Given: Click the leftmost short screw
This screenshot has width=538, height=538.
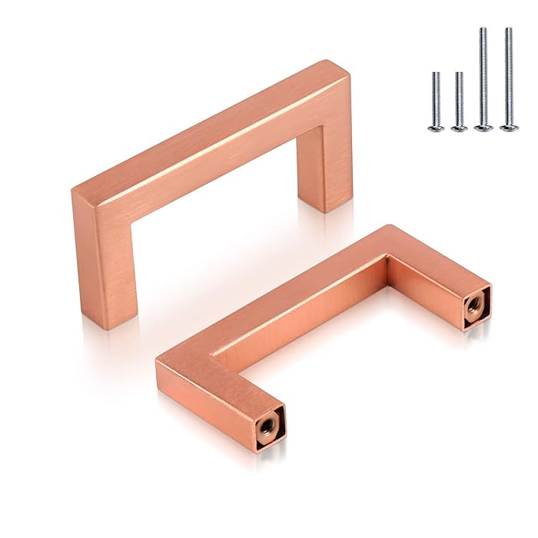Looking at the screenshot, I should coord(436,100).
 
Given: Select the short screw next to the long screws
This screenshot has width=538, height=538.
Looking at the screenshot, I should coord(459,100).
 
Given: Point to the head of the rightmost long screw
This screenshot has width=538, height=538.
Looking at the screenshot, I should coord(507,127).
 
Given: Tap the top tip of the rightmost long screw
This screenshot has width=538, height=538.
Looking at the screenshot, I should coord(507,29).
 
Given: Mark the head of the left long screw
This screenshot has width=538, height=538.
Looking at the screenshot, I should coord(483,127).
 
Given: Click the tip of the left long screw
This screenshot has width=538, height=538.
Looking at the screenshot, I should coord(483,29).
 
